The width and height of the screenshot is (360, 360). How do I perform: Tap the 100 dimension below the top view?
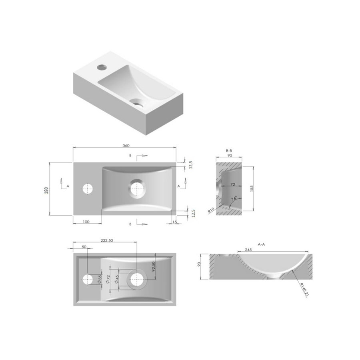click(86, 221)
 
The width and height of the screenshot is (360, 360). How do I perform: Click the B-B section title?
click(229, 151)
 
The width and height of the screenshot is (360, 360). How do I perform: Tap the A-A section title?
click(262, 244)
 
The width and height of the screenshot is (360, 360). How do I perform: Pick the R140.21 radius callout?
click(304, 288)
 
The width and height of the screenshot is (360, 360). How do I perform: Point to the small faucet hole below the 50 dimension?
click(87, 279)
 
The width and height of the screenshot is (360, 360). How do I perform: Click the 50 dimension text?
click(84, 247)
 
